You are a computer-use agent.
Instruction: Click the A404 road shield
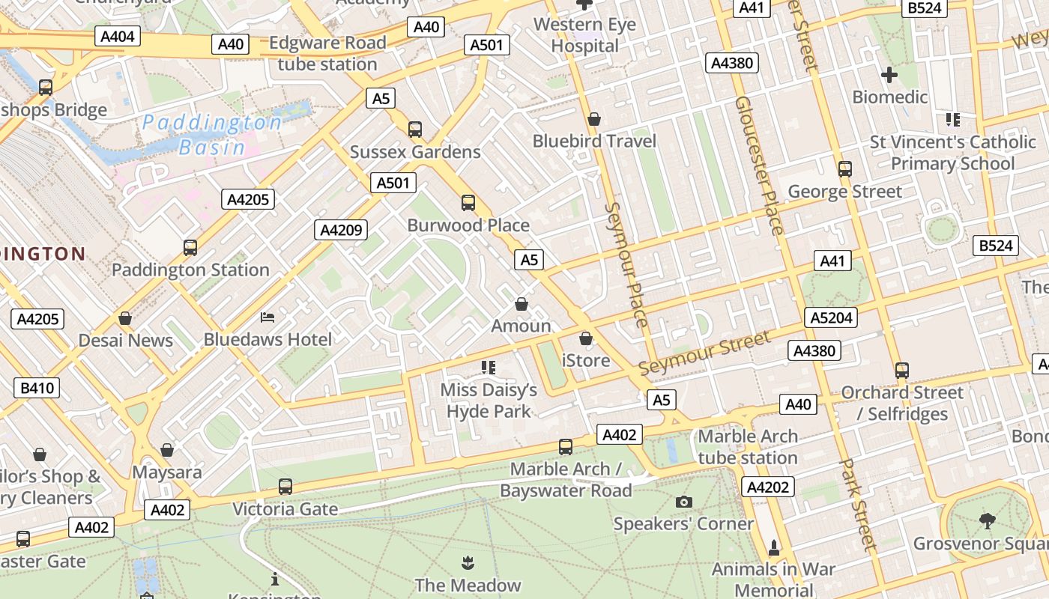[118, 36]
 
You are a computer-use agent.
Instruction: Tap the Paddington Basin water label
[212, 135]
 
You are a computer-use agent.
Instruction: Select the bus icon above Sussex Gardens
[415, 129]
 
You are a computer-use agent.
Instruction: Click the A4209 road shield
[341, 230]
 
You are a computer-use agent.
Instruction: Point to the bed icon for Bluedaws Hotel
[267, 317]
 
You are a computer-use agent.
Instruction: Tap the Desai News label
[126, 341]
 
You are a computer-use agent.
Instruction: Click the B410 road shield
[37, 388]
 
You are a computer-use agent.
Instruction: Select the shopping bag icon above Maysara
[167, 450]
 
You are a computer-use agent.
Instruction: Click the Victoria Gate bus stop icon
[285, 487]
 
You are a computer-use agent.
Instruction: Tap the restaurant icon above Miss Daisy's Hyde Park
[489, 367]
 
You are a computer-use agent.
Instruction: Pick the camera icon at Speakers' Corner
[683, 502]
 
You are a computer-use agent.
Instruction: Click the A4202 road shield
[768, 487]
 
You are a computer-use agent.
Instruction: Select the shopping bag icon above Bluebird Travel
[594, 119]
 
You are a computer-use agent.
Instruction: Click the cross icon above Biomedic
[889, 75]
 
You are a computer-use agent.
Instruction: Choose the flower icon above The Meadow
[468, 562]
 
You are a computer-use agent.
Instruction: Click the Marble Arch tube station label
[748, 447]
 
